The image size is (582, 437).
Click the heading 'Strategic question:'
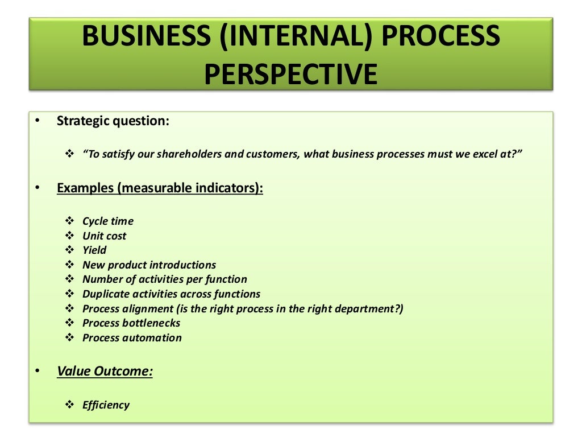tap(113, 121)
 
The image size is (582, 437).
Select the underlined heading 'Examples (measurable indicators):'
tap(160, 188)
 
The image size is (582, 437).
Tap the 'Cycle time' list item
tap(108, 221)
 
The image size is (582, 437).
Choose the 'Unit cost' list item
tap(105, 236)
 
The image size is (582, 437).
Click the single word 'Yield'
tap(94, 250)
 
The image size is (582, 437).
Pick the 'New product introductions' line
tap(149, 265)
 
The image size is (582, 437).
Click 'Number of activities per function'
tap(165, 279)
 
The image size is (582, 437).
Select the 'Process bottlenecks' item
tap(131, 323)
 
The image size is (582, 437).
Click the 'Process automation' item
tap(132, 338)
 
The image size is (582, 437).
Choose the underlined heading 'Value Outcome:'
tap(105, 372)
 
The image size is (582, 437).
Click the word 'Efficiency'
tap(106, 405)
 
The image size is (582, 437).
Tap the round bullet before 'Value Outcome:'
tap(38, 372)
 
